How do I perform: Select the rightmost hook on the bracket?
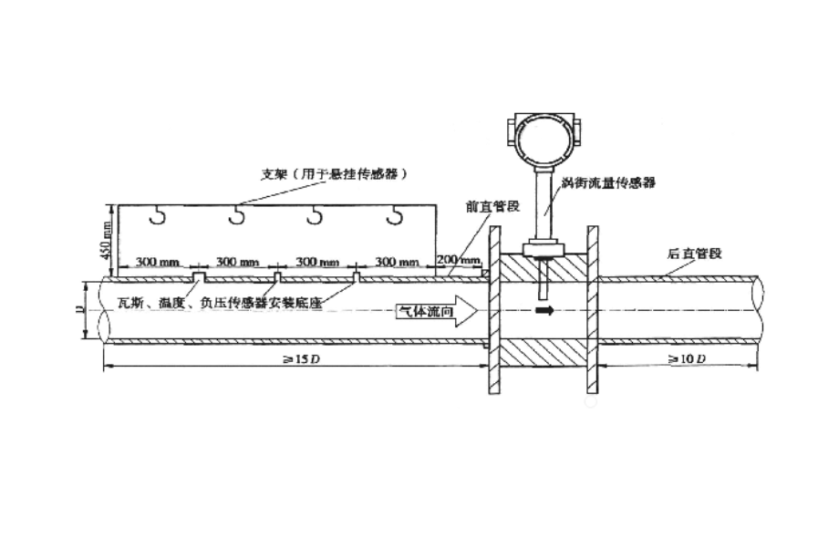click(394, 215)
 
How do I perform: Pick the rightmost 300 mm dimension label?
click(397, 263)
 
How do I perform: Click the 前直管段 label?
click(492, 206)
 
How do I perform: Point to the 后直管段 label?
click(694, 253)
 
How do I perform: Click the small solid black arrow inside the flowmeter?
click(544, 311)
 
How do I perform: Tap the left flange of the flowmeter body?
click(493, 311)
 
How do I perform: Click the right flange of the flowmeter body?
click(592, 311)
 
